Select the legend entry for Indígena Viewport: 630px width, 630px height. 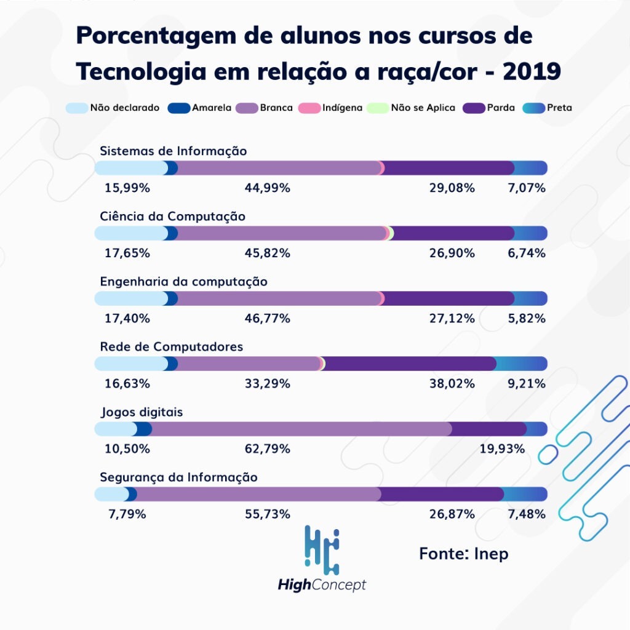pyautogui.click(x=341, y=108)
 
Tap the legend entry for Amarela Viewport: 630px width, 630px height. pyautogui.click(x=210, y=108)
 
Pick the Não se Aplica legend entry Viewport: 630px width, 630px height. pyautogui.click(x=422, y=108)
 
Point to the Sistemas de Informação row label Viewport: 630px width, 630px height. pyautogui.click(x=173, y=151)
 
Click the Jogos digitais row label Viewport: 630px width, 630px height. pyautogui.click(x=142, y=412)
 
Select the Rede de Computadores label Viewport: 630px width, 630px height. pyautogui.click(x=172, y=347)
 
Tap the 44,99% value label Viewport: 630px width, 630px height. pyautogui.click(x=268, y=188)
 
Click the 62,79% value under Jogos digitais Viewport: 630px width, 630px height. pyautogui.click(x=268, y=449)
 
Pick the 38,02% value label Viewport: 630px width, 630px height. pyautogui.click(x=452, y=383)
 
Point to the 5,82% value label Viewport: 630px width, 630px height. pyautogui.click(x=527, y=318)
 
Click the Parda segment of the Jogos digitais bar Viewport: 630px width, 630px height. pyautogui.click(x=489, y=429)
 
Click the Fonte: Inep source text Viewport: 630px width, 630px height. pyautogui.click(x=464, y=553)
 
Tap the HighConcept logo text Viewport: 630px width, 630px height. pyautogui.click(x=322, y=584)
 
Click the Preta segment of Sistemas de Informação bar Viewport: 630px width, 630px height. pyautogui.click(x=530, y=168)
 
